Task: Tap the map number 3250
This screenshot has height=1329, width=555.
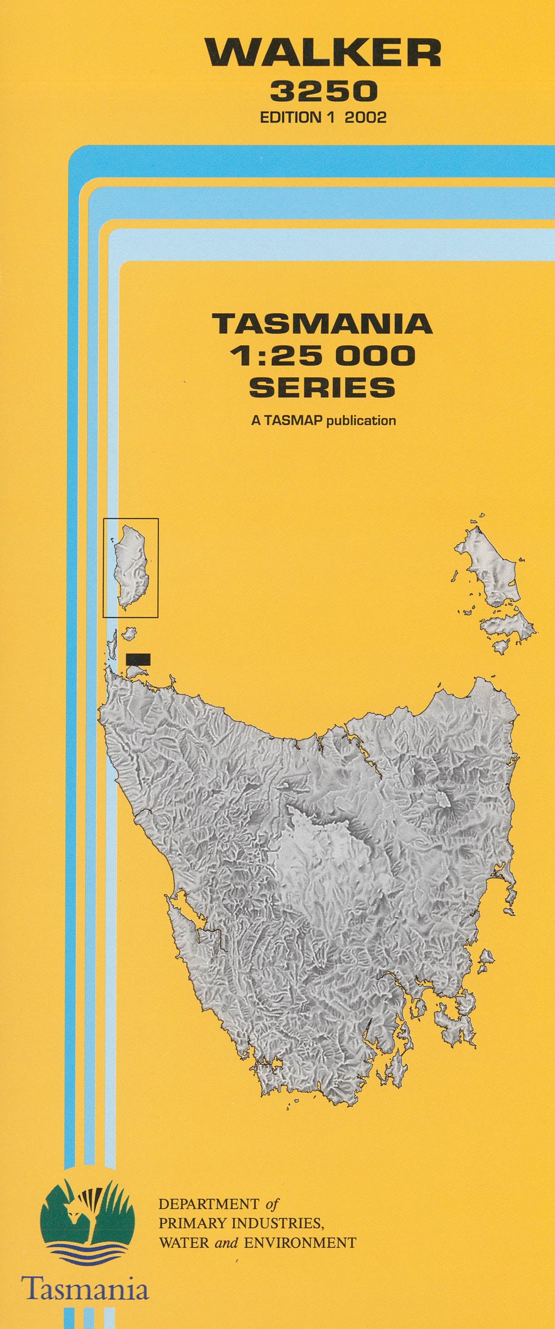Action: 323,92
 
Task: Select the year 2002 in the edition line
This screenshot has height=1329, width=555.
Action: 365,117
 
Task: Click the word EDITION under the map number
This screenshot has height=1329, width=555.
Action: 290,117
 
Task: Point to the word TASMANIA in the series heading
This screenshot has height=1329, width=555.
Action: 323,324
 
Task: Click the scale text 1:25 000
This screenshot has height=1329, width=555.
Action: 323,355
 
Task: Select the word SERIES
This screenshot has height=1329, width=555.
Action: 323,387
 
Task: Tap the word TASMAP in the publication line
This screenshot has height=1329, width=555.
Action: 293,421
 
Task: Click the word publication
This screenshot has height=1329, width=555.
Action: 360,421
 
